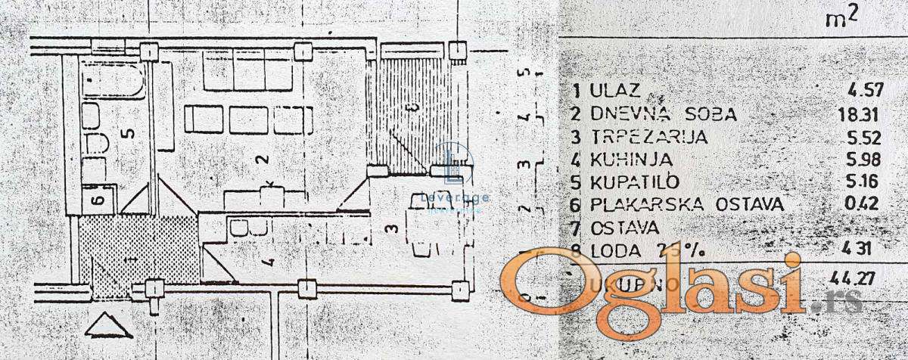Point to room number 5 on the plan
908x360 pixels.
click(x=129, y=132)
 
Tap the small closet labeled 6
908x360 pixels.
click(x=97, y=200)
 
